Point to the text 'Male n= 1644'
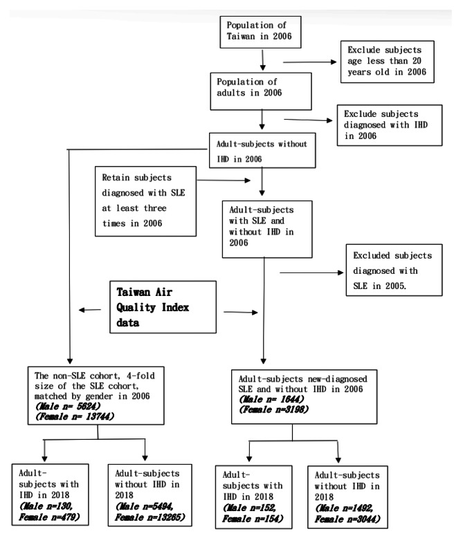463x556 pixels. pos(261,400)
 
